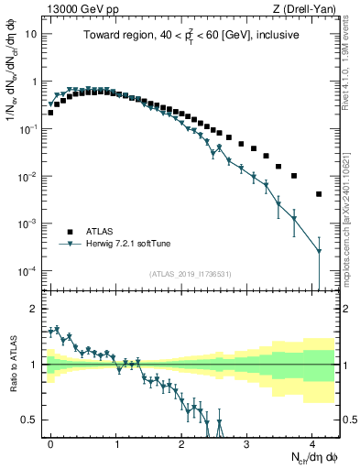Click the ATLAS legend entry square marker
pos(69,231)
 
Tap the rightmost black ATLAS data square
pos(319,194)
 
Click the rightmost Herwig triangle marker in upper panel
pos(319,251)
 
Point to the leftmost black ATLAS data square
pos(50,113)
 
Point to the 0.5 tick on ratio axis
pos(32,420)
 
